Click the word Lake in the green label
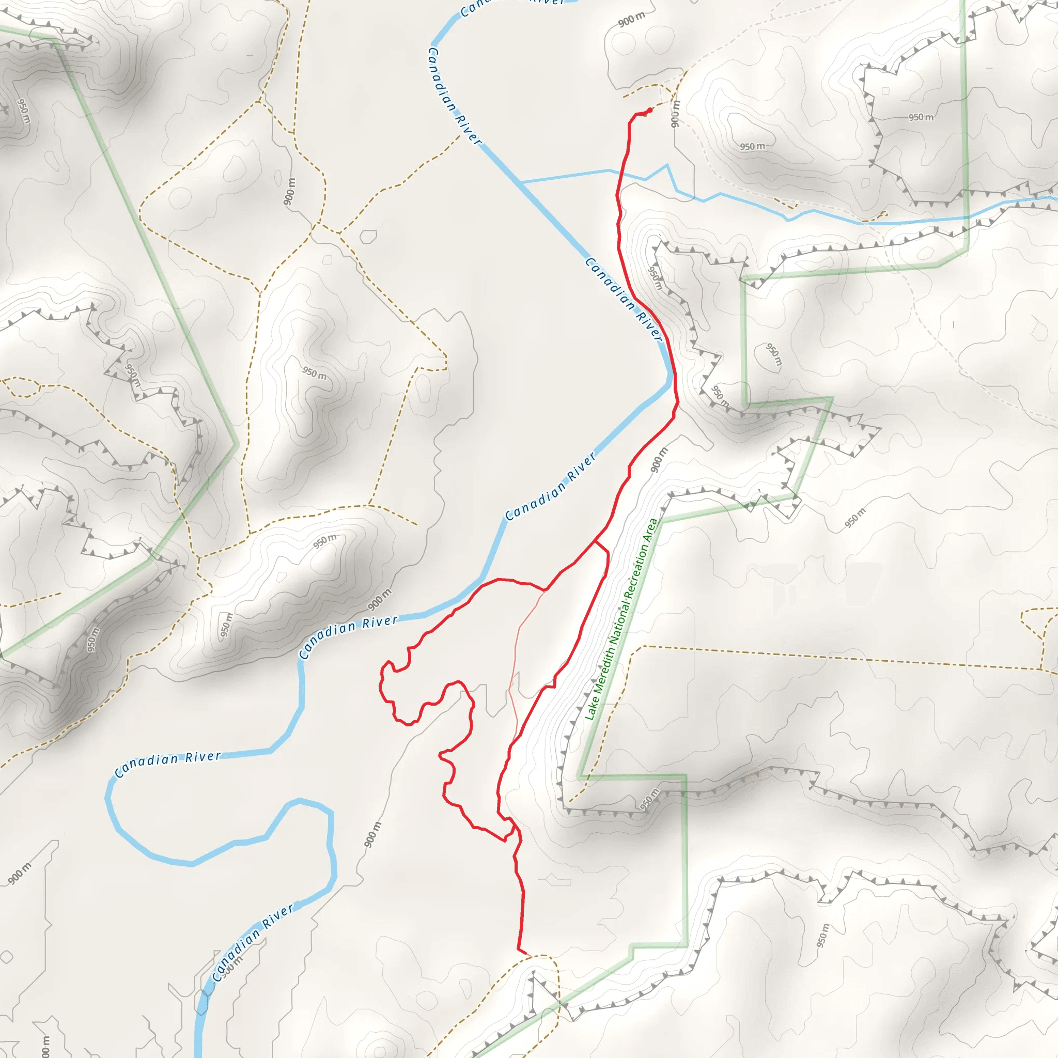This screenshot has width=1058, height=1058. (x=591, y=710)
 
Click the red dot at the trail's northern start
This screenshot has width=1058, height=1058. (x=649, y=110)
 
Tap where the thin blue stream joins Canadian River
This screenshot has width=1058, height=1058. (x=521, y=182)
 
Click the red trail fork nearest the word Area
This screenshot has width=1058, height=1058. (x=595, y=542)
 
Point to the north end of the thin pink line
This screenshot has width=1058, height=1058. (x=545, y=591)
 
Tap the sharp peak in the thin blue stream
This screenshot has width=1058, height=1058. (x=667, y=165)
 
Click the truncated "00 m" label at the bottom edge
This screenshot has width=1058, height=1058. (x=45, y=1046)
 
